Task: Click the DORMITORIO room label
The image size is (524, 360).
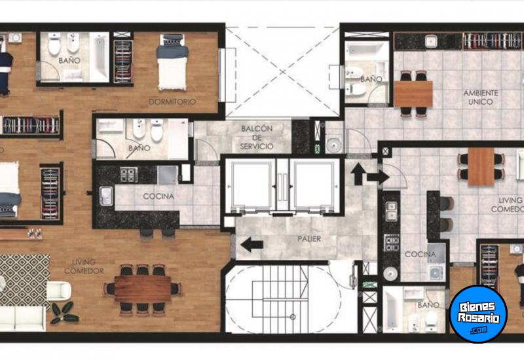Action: [172, 101]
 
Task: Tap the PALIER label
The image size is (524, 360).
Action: [309, 239]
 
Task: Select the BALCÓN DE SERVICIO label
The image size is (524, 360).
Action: [257, 137]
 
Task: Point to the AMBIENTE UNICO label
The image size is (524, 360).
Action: [481, 97]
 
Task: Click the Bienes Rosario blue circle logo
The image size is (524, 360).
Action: [478, 314]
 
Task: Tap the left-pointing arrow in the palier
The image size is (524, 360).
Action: [252, 244]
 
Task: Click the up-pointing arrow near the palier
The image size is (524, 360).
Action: [358, 173]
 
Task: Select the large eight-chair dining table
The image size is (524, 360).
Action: [143, 289]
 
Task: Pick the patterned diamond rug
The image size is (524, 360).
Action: [24, 280]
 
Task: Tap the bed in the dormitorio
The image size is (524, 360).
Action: [172, 62]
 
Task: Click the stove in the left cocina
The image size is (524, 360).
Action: [129, 174]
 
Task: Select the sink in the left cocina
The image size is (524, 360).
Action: [105, 196]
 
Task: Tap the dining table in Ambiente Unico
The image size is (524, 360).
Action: [413, 94]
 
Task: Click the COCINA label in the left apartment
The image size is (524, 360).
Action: [159, 196]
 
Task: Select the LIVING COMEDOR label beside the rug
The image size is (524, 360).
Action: [84, 266]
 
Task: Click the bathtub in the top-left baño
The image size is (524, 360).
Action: [99, 57]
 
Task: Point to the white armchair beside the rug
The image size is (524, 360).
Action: [59, 291]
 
